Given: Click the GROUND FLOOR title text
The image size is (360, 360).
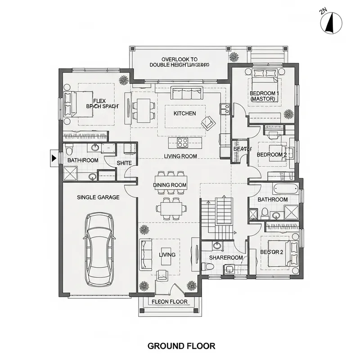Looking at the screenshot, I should (x=181, y=346).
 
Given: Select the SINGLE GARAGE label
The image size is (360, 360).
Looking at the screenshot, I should (x=98, y=197).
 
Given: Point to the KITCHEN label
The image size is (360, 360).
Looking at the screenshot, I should (x=184, y=113).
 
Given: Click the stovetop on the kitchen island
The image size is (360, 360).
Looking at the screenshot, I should (x=183, y=143).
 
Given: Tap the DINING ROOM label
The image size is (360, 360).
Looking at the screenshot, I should (x=170, y=185).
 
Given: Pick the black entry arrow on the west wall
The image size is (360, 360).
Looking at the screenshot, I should (x=54, y=157).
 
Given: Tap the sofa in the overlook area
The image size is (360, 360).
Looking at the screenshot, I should (x=186, y=94).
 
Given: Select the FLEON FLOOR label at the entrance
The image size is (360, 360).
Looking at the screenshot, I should (x=170, y=301).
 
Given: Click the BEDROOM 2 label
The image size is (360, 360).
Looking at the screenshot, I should (x=272, y=155).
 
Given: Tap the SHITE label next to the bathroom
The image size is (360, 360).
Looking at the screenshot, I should (x=124, y=163).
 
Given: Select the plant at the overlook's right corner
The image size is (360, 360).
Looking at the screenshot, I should (x=234, y=57).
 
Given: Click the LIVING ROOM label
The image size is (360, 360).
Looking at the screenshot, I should (x=180, y=156).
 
